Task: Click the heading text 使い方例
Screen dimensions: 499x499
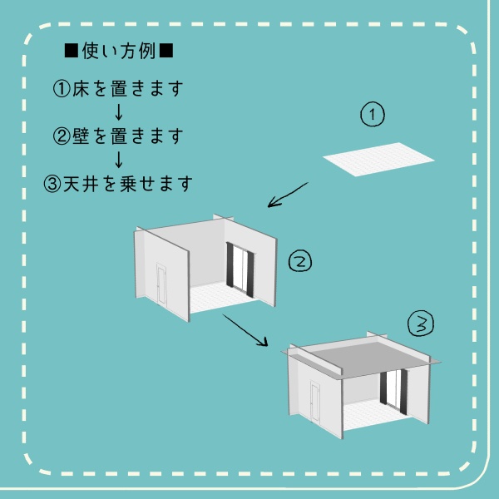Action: click(119, 52)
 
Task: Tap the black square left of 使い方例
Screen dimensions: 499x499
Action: click(71, 52)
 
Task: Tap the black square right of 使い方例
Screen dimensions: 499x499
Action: click(166, 52)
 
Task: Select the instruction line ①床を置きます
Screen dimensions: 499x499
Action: click(118, 89)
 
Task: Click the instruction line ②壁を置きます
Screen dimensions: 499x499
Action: click(118, 135)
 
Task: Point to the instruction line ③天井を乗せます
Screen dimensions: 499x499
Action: click(118, 182)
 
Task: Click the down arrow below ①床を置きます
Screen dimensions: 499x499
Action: click(118, 111)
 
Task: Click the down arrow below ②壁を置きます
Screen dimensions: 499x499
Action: click(118, 158)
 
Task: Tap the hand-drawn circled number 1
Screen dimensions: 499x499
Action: click(373, 115)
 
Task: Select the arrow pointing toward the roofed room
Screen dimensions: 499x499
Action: click(245, 330)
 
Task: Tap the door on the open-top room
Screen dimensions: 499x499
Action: click(161, 284)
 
